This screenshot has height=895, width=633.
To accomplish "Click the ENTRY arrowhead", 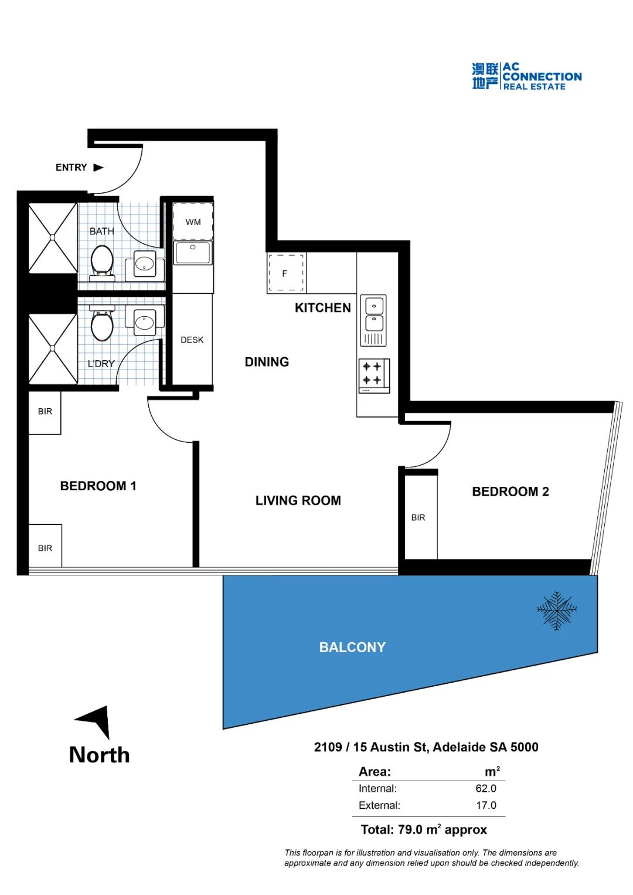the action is click(x=98, y=167).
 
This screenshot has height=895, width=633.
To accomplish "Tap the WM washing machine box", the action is click(x=193, y=222).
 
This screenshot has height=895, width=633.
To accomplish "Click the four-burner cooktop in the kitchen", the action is click(x=374, y=376).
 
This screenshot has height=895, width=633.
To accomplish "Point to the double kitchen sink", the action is click(x=374, y=321).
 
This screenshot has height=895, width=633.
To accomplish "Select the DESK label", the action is click(x=192, y=340).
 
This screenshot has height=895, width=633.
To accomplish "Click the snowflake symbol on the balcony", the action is click(x=557, y=610).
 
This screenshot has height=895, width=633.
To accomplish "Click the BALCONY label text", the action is click(x=352, y=647).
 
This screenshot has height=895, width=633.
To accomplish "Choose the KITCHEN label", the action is click(x=323, y=308).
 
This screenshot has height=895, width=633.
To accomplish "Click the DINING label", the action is click(x=267, y=362).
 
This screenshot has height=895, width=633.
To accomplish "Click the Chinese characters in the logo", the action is click(x=485, y=76).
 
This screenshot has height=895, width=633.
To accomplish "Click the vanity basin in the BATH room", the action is click(x=145, y=264).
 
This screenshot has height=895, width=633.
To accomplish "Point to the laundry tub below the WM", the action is click(x=193, y=253).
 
